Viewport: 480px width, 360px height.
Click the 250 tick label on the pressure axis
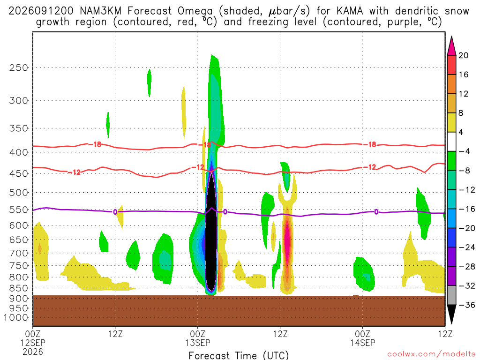pos(18,67)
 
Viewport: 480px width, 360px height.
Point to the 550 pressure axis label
pos(18,210)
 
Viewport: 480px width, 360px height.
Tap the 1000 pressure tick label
pos(15,318)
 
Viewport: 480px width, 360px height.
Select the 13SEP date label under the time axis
pos(198,343)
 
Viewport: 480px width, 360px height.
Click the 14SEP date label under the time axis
pos(363,343)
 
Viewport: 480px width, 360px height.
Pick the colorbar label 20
pos(464,55)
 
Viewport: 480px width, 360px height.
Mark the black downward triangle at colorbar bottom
pos(451,314)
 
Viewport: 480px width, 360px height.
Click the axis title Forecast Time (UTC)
pos(239,355)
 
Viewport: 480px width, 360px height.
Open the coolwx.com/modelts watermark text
pos(431,354)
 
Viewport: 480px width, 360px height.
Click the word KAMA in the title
pos(350,11)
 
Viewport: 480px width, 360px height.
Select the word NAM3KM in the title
pos(100,11)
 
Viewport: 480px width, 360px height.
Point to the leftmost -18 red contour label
pos(95,144)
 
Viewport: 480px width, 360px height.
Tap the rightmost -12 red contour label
pos(369,167)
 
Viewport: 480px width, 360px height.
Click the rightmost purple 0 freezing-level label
pos(376,212)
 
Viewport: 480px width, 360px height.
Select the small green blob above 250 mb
pos(149,82)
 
